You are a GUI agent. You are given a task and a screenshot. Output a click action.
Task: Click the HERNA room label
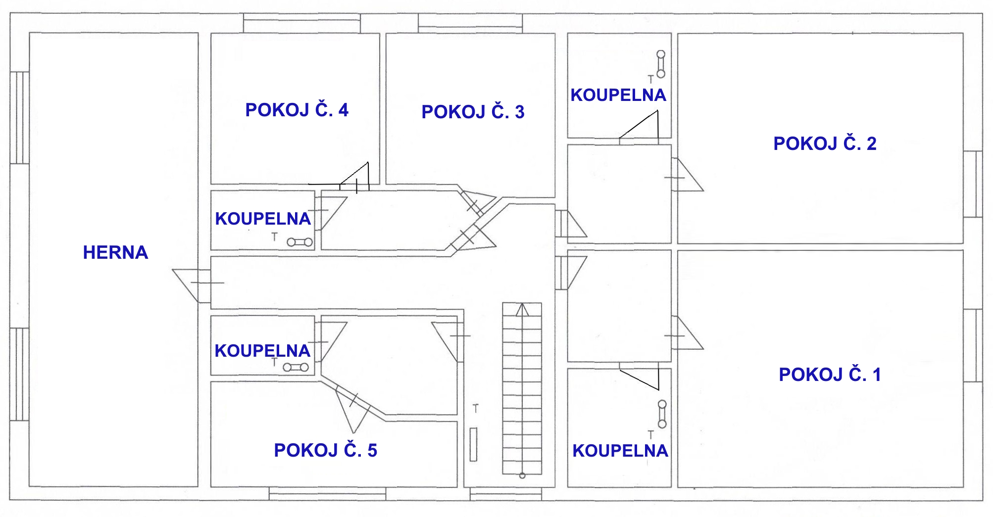coord(115,252)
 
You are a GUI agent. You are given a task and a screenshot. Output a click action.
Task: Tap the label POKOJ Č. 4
coord(297,109)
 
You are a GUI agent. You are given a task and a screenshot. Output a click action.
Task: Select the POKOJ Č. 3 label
coord(473,111)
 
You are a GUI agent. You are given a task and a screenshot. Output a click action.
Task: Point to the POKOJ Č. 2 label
coord(825,143)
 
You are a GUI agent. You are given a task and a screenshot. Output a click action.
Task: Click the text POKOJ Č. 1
coord(830,375)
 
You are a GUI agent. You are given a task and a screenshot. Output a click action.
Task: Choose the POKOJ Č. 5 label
coord(326,450)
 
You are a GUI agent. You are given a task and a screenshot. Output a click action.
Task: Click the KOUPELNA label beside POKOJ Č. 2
coord(618,95)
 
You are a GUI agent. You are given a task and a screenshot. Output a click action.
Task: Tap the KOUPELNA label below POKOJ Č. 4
coord(263,219)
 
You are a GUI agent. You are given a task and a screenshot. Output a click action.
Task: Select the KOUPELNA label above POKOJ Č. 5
coord(262,351)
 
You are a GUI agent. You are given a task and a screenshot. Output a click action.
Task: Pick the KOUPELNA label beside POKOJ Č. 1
coord(620,451)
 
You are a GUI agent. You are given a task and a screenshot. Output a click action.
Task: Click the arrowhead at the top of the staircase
coord(522,310)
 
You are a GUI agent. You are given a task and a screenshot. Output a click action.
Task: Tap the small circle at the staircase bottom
coord(522,475)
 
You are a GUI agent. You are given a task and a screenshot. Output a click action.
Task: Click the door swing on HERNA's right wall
coord(192,285)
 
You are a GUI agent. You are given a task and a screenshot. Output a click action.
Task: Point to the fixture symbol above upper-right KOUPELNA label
coord(661,64)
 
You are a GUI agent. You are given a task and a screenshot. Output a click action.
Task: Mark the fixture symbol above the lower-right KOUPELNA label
coord(662,414)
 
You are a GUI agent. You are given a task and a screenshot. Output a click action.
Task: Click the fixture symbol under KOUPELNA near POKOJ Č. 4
coord(300,242)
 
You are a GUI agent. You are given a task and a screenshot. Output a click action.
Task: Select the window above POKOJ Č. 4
coord(301,23)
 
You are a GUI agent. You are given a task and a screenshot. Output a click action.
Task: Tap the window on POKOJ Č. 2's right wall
coord(973,184)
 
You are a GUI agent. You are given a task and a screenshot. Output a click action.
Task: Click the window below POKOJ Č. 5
coord(327,493)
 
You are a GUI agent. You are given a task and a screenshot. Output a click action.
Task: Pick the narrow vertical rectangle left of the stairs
coord(473,444)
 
